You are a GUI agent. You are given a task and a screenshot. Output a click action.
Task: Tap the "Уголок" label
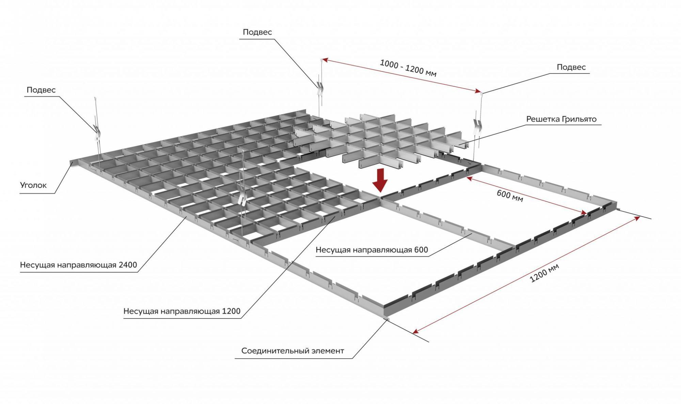coord(33,185)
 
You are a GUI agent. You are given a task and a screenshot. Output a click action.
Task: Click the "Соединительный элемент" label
coord(292,351)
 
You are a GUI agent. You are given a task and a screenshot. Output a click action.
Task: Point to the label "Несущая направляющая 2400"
coord(78,265)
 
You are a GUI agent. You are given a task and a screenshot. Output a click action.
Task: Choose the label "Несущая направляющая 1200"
coord(182,311)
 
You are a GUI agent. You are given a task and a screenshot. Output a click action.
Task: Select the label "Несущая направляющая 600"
coord(371,250)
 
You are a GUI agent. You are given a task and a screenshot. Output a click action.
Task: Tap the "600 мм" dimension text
coord(510,196)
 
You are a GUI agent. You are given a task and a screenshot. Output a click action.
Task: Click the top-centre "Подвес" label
coord(257,32)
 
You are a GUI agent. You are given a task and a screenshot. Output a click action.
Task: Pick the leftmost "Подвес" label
coord(41,90)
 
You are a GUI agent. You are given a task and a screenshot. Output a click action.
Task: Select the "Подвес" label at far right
coord(571,67)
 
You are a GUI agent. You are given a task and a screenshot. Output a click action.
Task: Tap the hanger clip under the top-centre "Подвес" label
coord(320,88)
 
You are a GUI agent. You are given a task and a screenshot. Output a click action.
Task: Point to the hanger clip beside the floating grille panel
coord(478,126)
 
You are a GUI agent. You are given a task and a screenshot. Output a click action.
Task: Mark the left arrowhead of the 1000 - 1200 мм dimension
coord(324,60)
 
